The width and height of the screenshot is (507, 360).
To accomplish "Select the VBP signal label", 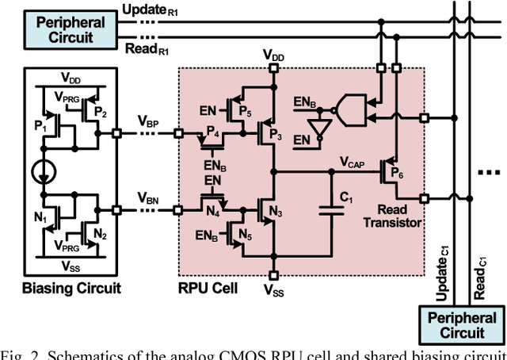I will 148,122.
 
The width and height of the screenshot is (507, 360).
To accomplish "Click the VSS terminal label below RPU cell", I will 273,291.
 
